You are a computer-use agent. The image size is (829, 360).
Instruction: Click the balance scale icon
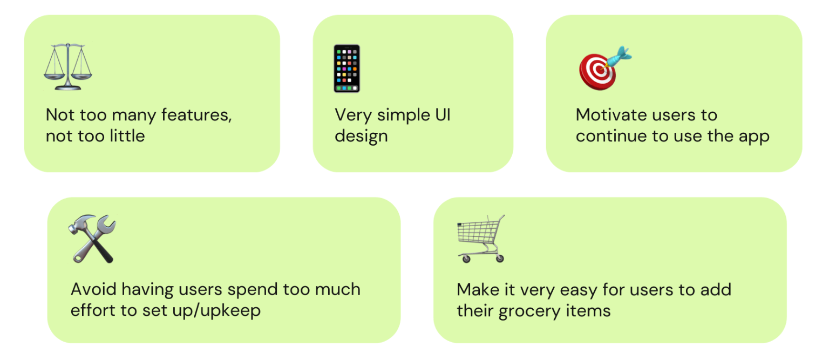coord(67,67)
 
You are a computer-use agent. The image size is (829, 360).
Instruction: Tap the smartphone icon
coord(347,69)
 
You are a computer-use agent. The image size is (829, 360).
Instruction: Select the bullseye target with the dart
coord(606,68)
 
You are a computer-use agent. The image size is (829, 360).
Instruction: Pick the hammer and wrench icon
coord(92,239)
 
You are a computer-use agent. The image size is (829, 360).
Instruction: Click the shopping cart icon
coord(481,239)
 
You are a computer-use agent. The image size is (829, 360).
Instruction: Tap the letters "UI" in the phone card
coord(443,115)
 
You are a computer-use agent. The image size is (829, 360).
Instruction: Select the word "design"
coord(361,136)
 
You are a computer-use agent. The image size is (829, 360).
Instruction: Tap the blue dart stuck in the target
coord(617,58)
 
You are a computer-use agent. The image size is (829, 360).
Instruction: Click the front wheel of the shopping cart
coord(466,259)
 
